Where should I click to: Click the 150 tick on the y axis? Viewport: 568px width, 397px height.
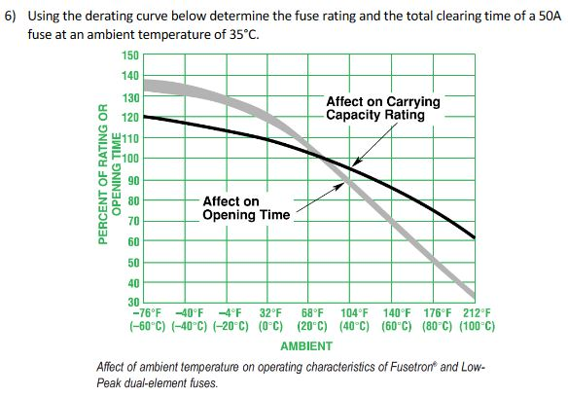tap(130, 55)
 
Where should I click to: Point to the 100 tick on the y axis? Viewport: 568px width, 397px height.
tap(130, 159)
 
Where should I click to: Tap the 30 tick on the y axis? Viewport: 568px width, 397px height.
tap(133, 303)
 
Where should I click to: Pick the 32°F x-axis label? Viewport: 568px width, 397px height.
tap(269, 313)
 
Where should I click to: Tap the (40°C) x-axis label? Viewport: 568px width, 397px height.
tap(354, 327)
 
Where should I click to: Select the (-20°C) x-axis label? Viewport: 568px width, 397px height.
tap(231, 327)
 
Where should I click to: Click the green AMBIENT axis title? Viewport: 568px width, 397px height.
tap(305, 346)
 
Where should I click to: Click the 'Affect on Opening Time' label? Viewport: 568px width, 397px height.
tap(245, 208)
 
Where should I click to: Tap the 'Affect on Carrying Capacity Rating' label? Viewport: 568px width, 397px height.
tap(382, 108)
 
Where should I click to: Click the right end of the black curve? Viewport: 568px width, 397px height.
tap(474, 236)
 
